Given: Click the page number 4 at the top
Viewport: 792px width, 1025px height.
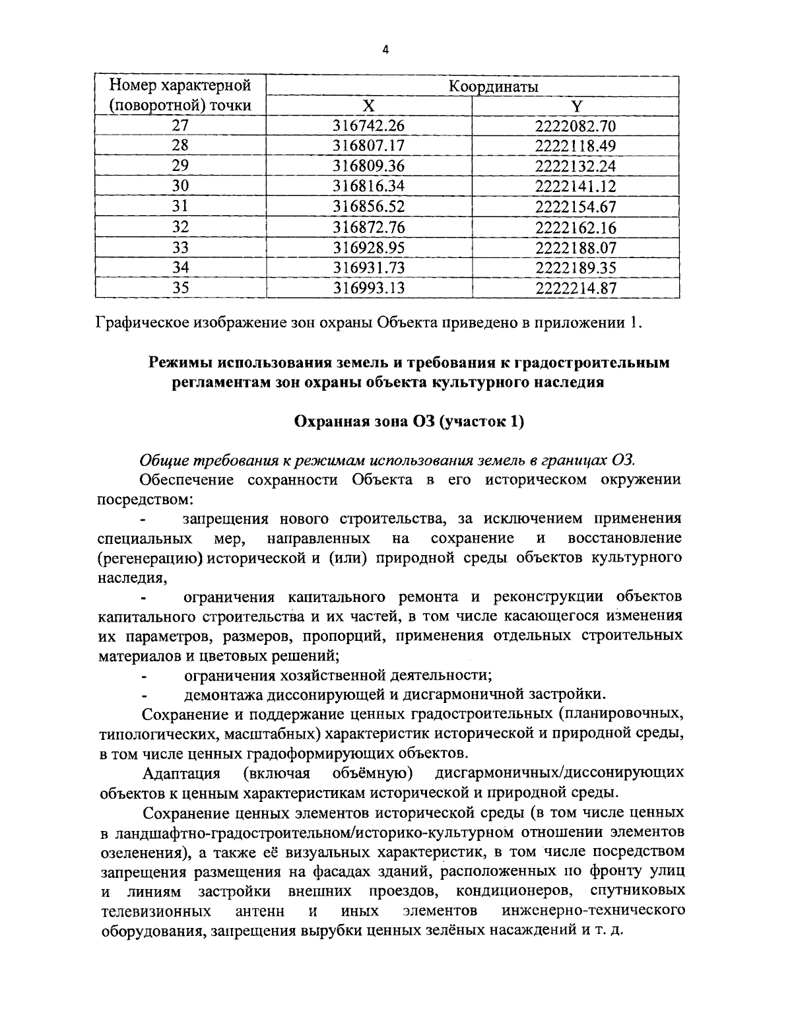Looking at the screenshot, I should (x=385, y=49).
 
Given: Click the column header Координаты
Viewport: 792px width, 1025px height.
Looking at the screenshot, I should (x=492, y=86).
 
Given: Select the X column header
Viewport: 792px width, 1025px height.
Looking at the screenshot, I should (x=369, y=106).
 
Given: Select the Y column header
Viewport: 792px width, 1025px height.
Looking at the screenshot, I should (x=576, y=106).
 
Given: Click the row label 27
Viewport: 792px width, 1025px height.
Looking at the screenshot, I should (x=180, y=125).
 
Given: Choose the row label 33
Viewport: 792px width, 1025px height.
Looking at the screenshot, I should (x=180, y=248).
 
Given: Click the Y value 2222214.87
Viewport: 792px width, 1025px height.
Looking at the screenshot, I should (x=576, y=288).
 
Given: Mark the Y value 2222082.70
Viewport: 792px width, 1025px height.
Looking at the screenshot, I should (x=576, y=125).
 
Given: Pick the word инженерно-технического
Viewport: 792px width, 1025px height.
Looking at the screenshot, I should (x=592, y=911).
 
